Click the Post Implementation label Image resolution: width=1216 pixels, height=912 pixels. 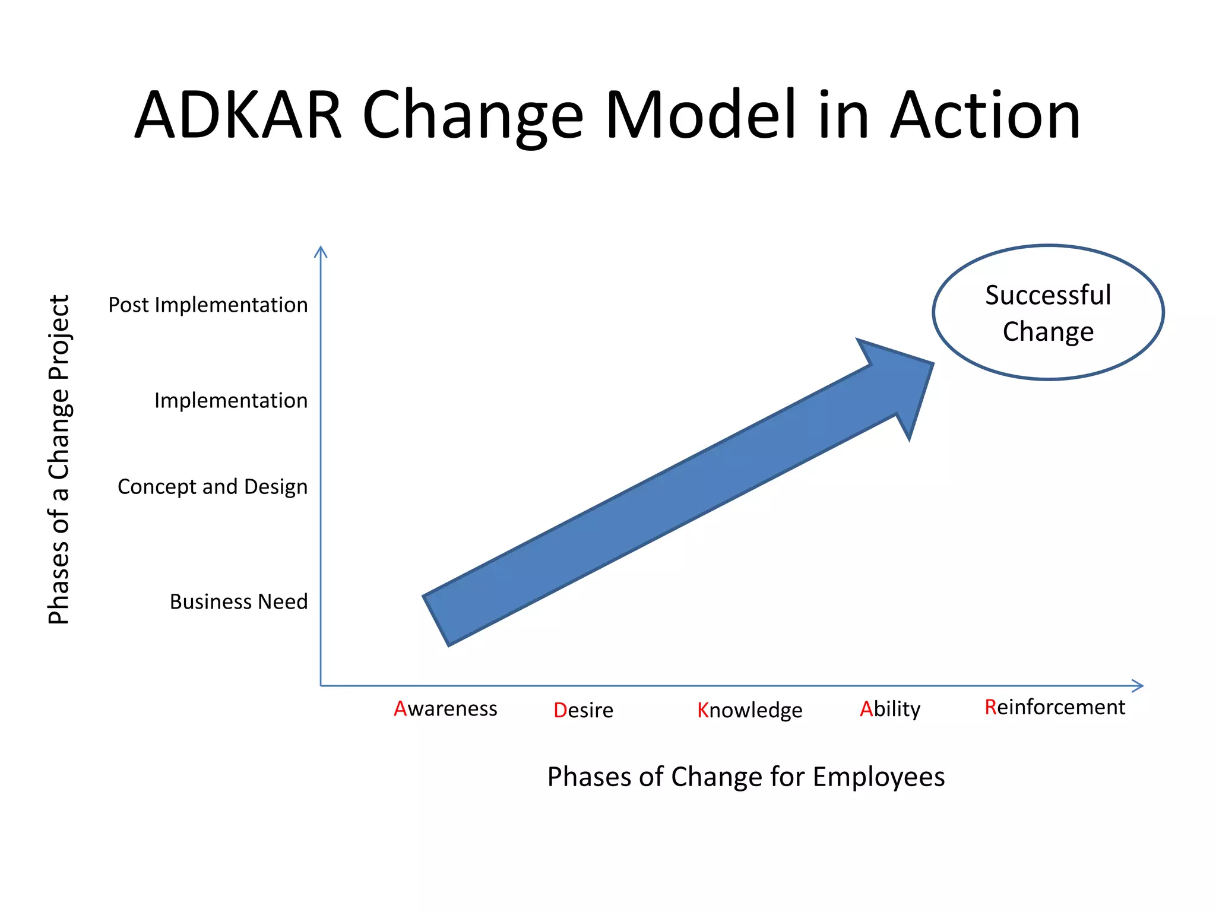pos(208,305)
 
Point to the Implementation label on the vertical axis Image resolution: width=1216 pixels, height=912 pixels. pos(231,401)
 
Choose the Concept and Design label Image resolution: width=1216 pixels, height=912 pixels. pos(213,487)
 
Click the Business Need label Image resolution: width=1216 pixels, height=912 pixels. pos(239,601)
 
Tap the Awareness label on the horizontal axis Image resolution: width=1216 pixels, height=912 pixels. pos(445,709)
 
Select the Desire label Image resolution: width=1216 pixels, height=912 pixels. pos(583,710)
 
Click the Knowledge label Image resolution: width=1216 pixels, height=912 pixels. pos(749,710)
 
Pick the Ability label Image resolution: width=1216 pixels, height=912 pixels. pos(890,709)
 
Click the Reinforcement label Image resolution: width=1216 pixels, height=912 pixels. pos(1054,707)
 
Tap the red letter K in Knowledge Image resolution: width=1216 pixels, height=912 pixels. pos(703,710)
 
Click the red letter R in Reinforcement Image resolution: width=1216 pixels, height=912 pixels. pos(990,707)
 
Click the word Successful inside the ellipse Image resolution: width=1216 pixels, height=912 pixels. pos(1048,295)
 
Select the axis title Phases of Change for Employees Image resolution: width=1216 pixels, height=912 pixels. pos(746,777)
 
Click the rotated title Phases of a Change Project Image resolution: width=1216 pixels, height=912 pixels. pos(59,460)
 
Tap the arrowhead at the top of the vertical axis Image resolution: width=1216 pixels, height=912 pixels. pos(321,251)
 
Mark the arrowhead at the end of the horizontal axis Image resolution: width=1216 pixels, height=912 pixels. pos(1138,686)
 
